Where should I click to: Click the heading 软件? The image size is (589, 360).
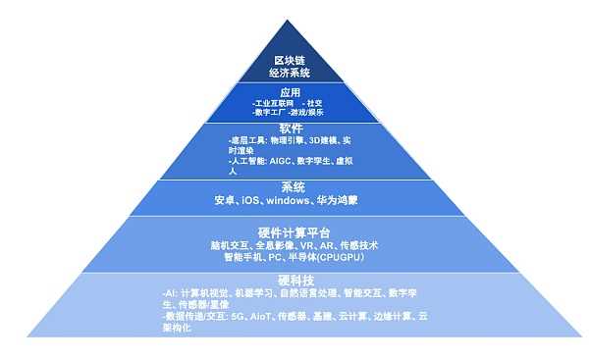tap(292, 129)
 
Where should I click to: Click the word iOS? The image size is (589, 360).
tap(251, 200)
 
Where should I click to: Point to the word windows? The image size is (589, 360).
tap(289, 200)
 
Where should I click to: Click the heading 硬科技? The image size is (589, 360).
tap(293, 282)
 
